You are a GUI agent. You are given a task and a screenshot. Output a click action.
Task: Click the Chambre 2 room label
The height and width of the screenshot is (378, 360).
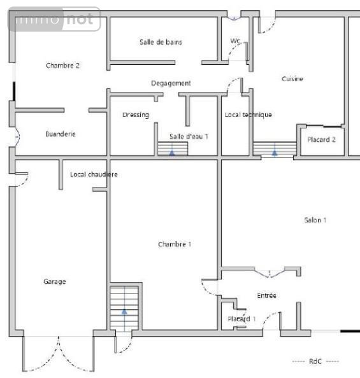pyautogui.click(x=62, y=66)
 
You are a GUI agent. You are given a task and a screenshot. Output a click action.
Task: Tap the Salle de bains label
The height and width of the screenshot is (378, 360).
pyautogui.click(x=161, y=42)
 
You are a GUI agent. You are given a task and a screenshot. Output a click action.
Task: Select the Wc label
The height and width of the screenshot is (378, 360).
pyautogui.click(x=235, y=41)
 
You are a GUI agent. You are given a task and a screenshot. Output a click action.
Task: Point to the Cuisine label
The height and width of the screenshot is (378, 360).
pyautogui.click(x=292, y=79)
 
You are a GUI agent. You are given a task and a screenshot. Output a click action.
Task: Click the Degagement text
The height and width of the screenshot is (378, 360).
pyautogui.click(x=171, y=83)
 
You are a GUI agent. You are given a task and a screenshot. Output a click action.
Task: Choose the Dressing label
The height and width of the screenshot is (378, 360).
pyautogui.click(x=136, y=115)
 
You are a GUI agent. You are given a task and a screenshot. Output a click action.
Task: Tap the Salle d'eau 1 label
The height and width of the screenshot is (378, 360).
pyautogui.click(x=189, y=136)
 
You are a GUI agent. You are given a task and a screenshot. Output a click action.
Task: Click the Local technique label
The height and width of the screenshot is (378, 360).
pyautogui.click(x=248, y=115)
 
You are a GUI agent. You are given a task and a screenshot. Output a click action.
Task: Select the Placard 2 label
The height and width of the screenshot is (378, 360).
pyautogui.click(x=322, y=139)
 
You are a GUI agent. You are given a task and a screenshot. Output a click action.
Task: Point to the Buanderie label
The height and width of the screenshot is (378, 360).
pyautogui.click(x=61, y=134)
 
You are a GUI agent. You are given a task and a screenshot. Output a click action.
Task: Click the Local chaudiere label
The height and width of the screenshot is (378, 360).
pyautogui.click(x=94, y=174)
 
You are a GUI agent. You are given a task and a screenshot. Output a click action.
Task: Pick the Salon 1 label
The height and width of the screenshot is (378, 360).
pyautogui.click(x=315, y=220)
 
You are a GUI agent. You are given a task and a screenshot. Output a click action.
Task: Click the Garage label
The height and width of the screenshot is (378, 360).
pyautogui.click(x=55, y=281)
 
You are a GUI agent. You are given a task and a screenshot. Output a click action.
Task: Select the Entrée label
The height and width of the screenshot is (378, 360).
pyautogui.click(x=266, y=295)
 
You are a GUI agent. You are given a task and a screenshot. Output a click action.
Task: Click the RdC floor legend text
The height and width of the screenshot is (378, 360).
pyautogui.click(x=315, y=361)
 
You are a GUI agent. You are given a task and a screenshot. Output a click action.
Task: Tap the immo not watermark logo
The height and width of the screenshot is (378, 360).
pyautogui.click(x=55, y=20)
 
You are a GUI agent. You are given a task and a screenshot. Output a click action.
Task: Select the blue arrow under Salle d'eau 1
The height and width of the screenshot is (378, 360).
pyautogui.click(x=171, y=153)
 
